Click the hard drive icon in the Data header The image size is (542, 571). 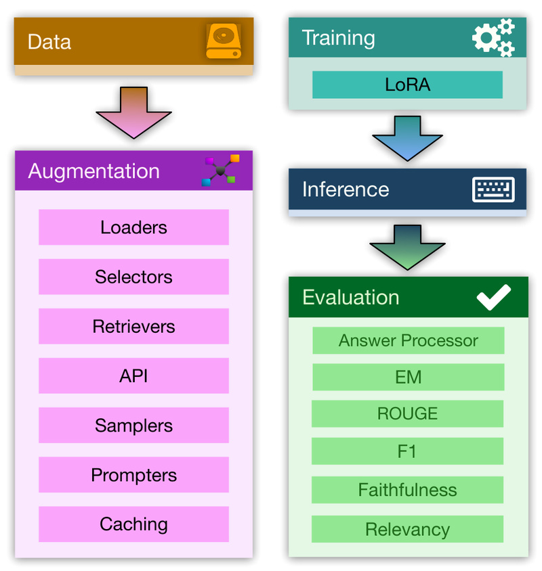pyautogui.click(x=223, y=42)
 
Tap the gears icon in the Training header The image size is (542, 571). pyautogui.click(x=493, y=38)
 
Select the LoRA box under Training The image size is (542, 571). pyautogui.click(x=407, y=85)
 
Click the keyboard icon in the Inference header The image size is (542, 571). pyautogui.click(x=493, y=190)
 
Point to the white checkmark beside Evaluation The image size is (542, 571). pyautogui.click(x=493, y=298)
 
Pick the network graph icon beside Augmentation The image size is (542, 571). pyautogui.click(x=221, y=170)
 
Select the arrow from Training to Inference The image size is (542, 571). pyautogui.click(x=407, y=138)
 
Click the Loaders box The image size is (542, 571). pyautogui.click(x=133, y=227)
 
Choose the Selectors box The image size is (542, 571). pyautogui.click(x=133, y=277)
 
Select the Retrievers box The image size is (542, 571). pyautogui.click(x=133, y=327)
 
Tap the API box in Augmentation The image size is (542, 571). pyautogui.click(x=133, y=376)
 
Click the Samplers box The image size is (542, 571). pyautogui.click(x=133, y=426)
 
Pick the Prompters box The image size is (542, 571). pyautogui.click(x=133, y=475)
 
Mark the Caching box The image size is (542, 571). pyautogui.click(x=133, y=524)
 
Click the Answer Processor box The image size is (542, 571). pyautogui.click(x=408, y=340)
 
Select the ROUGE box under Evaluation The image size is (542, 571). pyautogui.click(x=407, y=413)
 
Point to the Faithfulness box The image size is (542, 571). pyautogui.click(x=407, y=490)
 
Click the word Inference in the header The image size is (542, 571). pyautogui.click(x=346, y=189)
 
